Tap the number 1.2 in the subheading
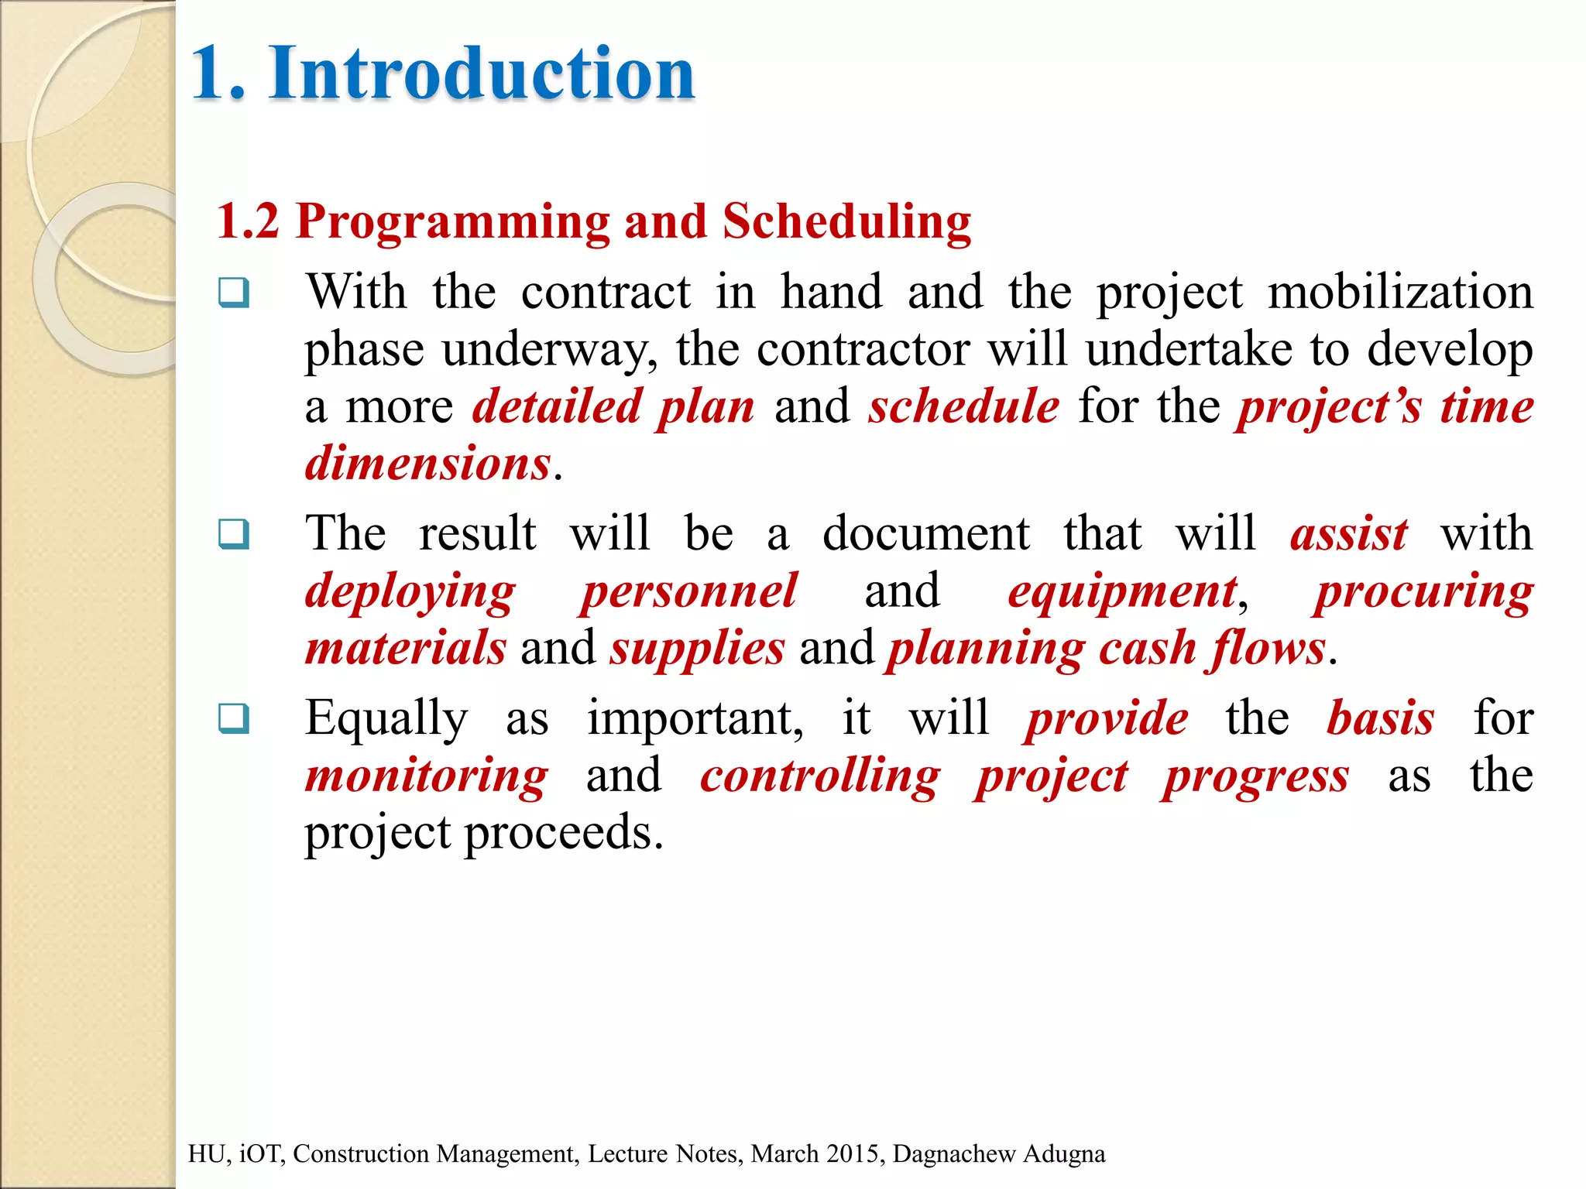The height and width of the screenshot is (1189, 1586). (247, 221)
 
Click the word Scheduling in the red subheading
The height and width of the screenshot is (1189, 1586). (846, 223)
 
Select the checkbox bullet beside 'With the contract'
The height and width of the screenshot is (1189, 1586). (234, 293)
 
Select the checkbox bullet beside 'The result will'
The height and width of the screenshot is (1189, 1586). (234, 534)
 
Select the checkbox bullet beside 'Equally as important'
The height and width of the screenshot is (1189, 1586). (234, 718)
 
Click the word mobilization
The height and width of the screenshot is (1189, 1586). (1400, 293)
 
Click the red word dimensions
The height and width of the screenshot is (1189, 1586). (427, 464)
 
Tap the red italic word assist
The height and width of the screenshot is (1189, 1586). (1348, 534)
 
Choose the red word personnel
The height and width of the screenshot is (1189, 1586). (688, 591)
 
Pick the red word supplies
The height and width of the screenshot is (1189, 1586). (697, 649)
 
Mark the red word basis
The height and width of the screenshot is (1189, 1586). (1380, 718)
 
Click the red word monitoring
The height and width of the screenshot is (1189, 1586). (427, 776)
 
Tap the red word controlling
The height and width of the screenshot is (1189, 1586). (820, 776)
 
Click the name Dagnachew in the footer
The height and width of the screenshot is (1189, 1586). (954, 1154)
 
